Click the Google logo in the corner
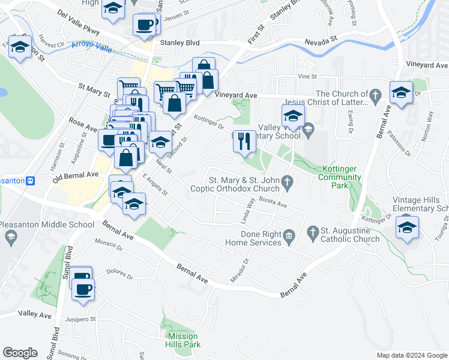[20, 353]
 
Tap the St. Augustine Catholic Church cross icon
[312, 232]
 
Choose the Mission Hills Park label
[183, 340]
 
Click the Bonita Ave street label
[274, 205]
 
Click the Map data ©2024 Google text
[411, 355]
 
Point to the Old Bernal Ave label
[75, 175]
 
